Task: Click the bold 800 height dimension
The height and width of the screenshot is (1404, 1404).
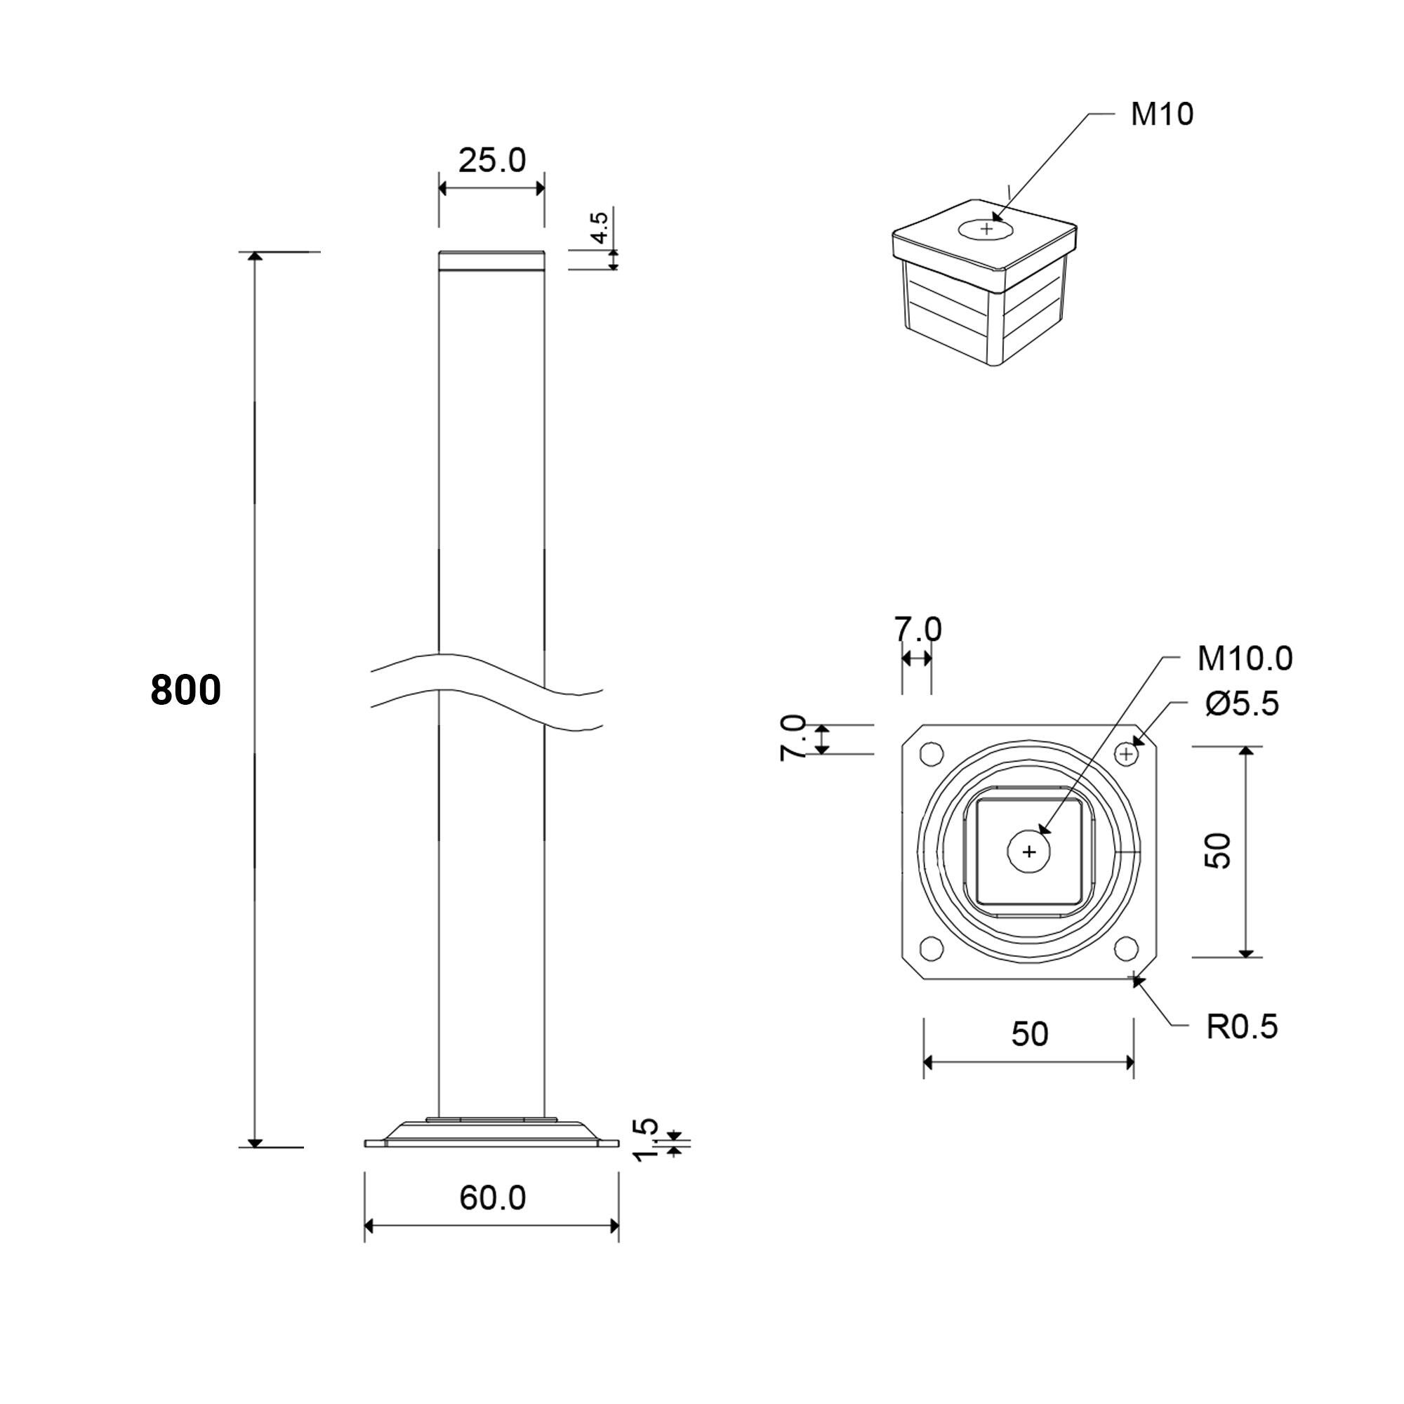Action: pos(185,690)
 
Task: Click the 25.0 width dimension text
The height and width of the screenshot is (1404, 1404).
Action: pos(491,160)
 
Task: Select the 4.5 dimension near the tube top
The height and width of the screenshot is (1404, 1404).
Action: pos(600,227)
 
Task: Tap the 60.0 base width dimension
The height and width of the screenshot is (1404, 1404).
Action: pos(492,1198)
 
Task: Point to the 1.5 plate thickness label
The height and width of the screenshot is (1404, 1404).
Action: pos(645,1140)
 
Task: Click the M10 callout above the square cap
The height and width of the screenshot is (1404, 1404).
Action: pos(1161,115)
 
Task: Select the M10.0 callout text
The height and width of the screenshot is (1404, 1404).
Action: pos(1244,658)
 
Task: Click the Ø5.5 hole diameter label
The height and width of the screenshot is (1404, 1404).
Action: pos(1242,703)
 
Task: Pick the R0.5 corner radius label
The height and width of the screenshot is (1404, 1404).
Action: pos(1241,1027)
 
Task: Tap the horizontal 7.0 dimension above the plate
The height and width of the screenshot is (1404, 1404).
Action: pos(917,629)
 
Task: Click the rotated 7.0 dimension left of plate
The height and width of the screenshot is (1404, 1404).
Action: pos(792,739)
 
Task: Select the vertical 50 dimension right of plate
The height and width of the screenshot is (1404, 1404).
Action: pos(1217,851)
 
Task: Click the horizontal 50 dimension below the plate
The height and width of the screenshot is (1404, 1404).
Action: pos(1029,1033)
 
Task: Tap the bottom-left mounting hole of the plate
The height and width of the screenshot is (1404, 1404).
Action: pos(932,948)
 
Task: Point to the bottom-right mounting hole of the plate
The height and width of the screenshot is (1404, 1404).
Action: pos(1126,948)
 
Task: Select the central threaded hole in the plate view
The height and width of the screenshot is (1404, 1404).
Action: pos(1029,851)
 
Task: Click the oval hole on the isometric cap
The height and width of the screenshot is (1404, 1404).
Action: pos(986,229)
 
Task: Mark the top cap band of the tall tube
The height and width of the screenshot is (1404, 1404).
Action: pos(491,261)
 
